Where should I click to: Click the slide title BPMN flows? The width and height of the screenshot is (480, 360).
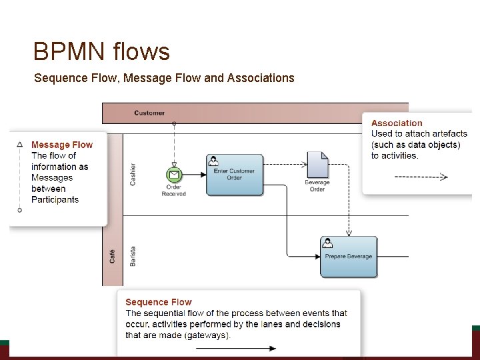[x=101, y=51]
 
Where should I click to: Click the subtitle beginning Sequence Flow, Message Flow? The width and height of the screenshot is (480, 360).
[x=164, y=78]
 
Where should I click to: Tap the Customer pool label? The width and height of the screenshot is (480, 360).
[x=149, y=113]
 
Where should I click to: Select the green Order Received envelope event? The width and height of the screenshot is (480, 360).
[x=173, y=175]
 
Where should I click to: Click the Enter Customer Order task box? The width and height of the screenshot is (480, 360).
[x=235, y=175]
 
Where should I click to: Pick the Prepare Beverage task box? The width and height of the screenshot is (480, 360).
[x=348, y=257]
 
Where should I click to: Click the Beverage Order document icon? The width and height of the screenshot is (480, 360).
[x=317, y=165]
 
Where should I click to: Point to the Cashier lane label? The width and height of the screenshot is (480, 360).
[x=133, y=174]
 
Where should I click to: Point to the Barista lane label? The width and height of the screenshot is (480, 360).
[x=133, y=255]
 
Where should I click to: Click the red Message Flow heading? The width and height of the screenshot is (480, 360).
[x=62, y=145]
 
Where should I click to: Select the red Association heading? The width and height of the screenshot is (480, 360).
[x=397, y=123]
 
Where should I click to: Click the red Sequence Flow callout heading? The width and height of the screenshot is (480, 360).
[x=158, y=302]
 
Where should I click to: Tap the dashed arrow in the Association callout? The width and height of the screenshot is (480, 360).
[x=421, y=177]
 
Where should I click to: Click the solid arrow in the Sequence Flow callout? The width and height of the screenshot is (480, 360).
[x=244, y=348]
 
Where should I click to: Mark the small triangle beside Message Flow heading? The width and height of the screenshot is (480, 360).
[x=19, y=144]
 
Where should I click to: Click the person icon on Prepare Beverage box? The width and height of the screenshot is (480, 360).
[x=327, y=242]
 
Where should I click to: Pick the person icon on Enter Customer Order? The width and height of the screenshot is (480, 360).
[x=213, y=160]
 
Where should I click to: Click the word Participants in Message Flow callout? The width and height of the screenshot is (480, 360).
[x=55, y=199]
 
